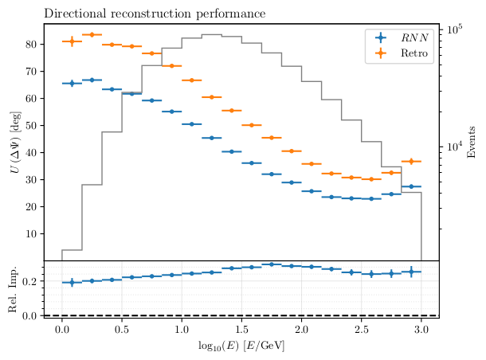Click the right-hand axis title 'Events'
coord(472,142)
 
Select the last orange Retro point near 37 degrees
coord(411,162)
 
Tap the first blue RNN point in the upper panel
coord(73,83)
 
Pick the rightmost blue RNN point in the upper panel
coord(411,186)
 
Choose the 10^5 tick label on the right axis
coord(455,29)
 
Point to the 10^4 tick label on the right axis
coord(455,147)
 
